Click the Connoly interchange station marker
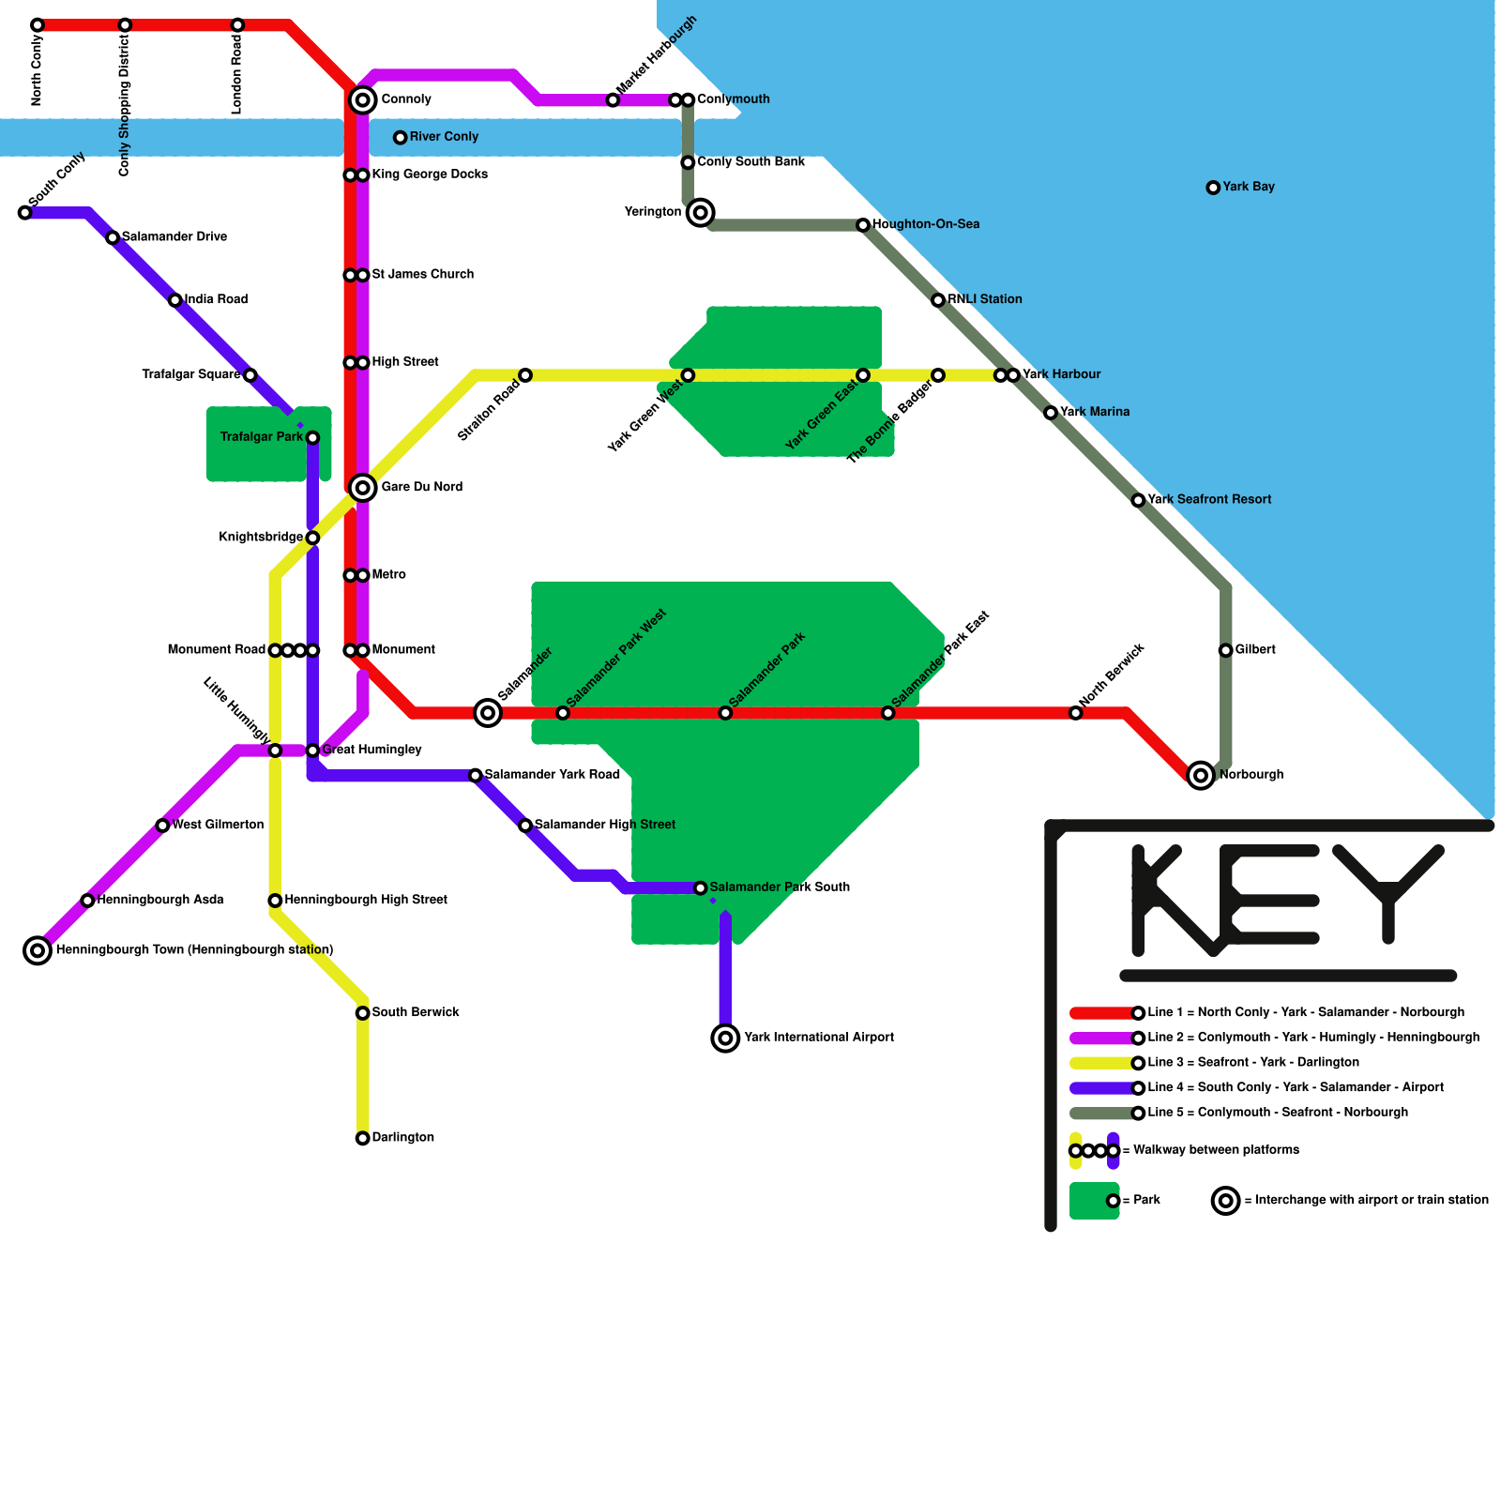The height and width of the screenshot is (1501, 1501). tap(362, 99)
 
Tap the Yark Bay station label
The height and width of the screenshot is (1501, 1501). tap(1248, 187)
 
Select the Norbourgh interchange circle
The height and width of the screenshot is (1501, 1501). tap(1200, 775)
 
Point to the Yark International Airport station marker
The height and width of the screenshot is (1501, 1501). tap(725, 1038)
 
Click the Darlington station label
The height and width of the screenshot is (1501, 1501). tap(402, 1137)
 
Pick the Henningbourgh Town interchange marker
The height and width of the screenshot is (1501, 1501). tap(38, 950)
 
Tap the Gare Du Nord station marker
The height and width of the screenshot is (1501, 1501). tap(362, 487)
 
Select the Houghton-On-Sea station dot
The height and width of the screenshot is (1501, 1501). tap(863, 225)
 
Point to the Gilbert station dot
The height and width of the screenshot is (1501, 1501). tap(1225, 650)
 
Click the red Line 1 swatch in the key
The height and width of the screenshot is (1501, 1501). tap(1101, 1013)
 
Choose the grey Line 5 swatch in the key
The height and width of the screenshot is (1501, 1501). tap(1101, 1114)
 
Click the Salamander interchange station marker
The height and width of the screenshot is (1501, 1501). tap(488, 713)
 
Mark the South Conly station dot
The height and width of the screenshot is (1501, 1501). tap(25, 213)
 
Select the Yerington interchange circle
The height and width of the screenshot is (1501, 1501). tap(700, 213)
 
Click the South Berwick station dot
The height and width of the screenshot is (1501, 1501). tap(362, 1013)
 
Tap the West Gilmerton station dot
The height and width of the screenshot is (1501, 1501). tap(162, 826)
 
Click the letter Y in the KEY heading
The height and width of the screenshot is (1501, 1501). tap(1387, 891)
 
